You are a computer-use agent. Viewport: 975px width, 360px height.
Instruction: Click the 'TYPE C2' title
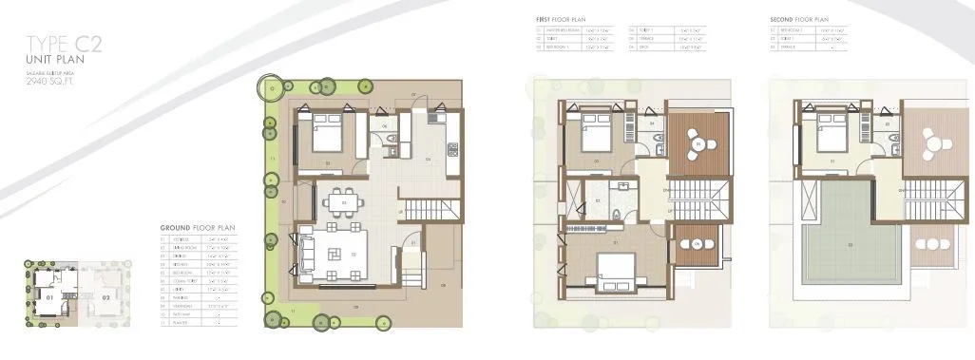(x=63, y=44)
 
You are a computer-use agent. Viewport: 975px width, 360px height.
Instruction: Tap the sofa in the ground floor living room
(x=307, y=254)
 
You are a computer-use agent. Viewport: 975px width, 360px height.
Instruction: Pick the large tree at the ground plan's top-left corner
(x=273, y=88)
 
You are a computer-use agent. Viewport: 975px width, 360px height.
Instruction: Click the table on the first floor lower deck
(x=698, y=244)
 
